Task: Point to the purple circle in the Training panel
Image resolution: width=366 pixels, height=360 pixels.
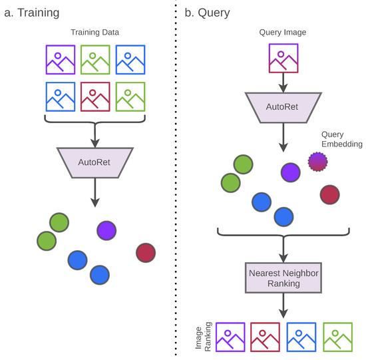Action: [x=106, y=230]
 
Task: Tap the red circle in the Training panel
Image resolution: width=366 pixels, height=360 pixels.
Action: [x=145, y=252]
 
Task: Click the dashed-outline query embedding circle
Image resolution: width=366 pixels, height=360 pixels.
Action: [x=318, y=161]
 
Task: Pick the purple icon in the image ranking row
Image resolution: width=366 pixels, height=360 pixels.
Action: [x=230, y=337]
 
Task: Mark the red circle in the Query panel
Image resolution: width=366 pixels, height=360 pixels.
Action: [x=330, y=194]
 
